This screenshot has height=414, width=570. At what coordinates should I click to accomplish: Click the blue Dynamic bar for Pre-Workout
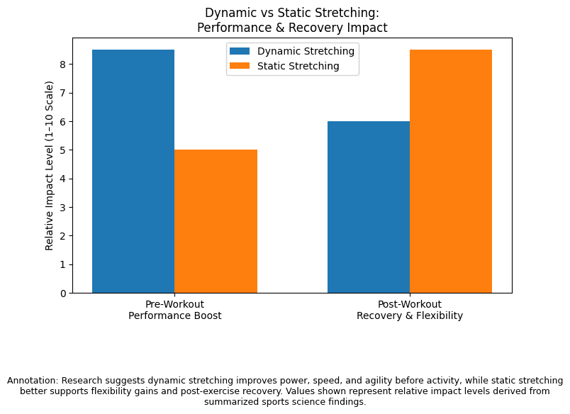click(x=133, y=171)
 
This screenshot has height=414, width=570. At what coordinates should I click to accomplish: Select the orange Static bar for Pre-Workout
click(x=216, y=221)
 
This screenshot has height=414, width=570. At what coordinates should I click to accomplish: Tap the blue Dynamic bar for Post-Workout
click(x=369, y=207)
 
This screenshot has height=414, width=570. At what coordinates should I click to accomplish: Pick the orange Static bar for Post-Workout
click(x=451, y=171)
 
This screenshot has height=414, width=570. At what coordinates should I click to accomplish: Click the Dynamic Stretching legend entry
click(x=306, y=51)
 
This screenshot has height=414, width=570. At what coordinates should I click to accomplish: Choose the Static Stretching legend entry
click(x=298, y=66)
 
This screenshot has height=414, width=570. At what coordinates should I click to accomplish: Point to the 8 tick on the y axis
click(x=62, y=64)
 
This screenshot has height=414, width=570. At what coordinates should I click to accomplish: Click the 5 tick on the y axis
click(x=62, y=150)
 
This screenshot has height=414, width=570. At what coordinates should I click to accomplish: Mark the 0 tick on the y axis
click(x=62, y=293)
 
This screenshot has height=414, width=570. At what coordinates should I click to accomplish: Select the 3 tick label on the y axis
click(x=62, y=207)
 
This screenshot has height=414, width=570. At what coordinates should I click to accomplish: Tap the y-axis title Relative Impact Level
click(x=50, y=165)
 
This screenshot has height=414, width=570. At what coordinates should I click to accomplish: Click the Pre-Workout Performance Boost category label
click(x=174, y=310)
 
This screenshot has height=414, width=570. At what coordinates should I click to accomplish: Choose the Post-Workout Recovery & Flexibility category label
click(x=410, y=310)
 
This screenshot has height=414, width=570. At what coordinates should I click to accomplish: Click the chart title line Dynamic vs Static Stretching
click(x=292, y=13)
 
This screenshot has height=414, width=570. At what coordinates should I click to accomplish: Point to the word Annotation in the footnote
click(x=30, y=381)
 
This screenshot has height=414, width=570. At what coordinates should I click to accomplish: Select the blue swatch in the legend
click(x=240, y=51)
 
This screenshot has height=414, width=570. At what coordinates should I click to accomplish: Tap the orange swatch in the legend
click(x=240, y=66)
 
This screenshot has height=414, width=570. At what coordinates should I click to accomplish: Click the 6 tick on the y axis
click(x=62, y=121)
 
